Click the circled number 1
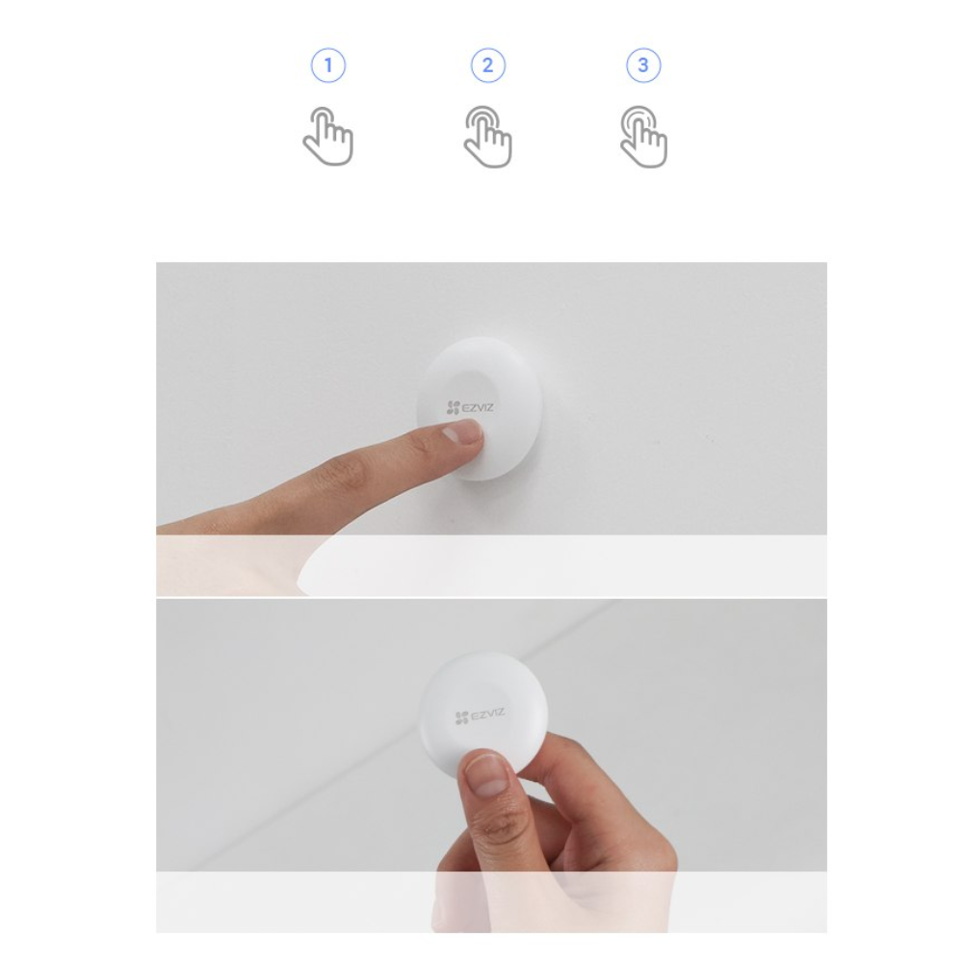328,65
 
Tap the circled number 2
487,65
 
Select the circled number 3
643,65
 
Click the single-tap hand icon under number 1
328,137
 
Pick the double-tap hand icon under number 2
487,137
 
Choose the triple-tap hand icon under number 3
643,137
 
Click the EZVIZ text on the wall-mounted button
478,407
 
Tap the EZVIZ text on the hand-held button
488,715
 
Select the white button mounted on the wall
480,408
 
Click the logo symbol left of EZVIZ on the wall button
454,407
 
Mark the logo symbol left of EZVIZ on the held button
462,718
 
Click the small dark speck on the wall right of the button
657,441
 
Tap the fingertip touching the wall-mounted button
467,435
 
